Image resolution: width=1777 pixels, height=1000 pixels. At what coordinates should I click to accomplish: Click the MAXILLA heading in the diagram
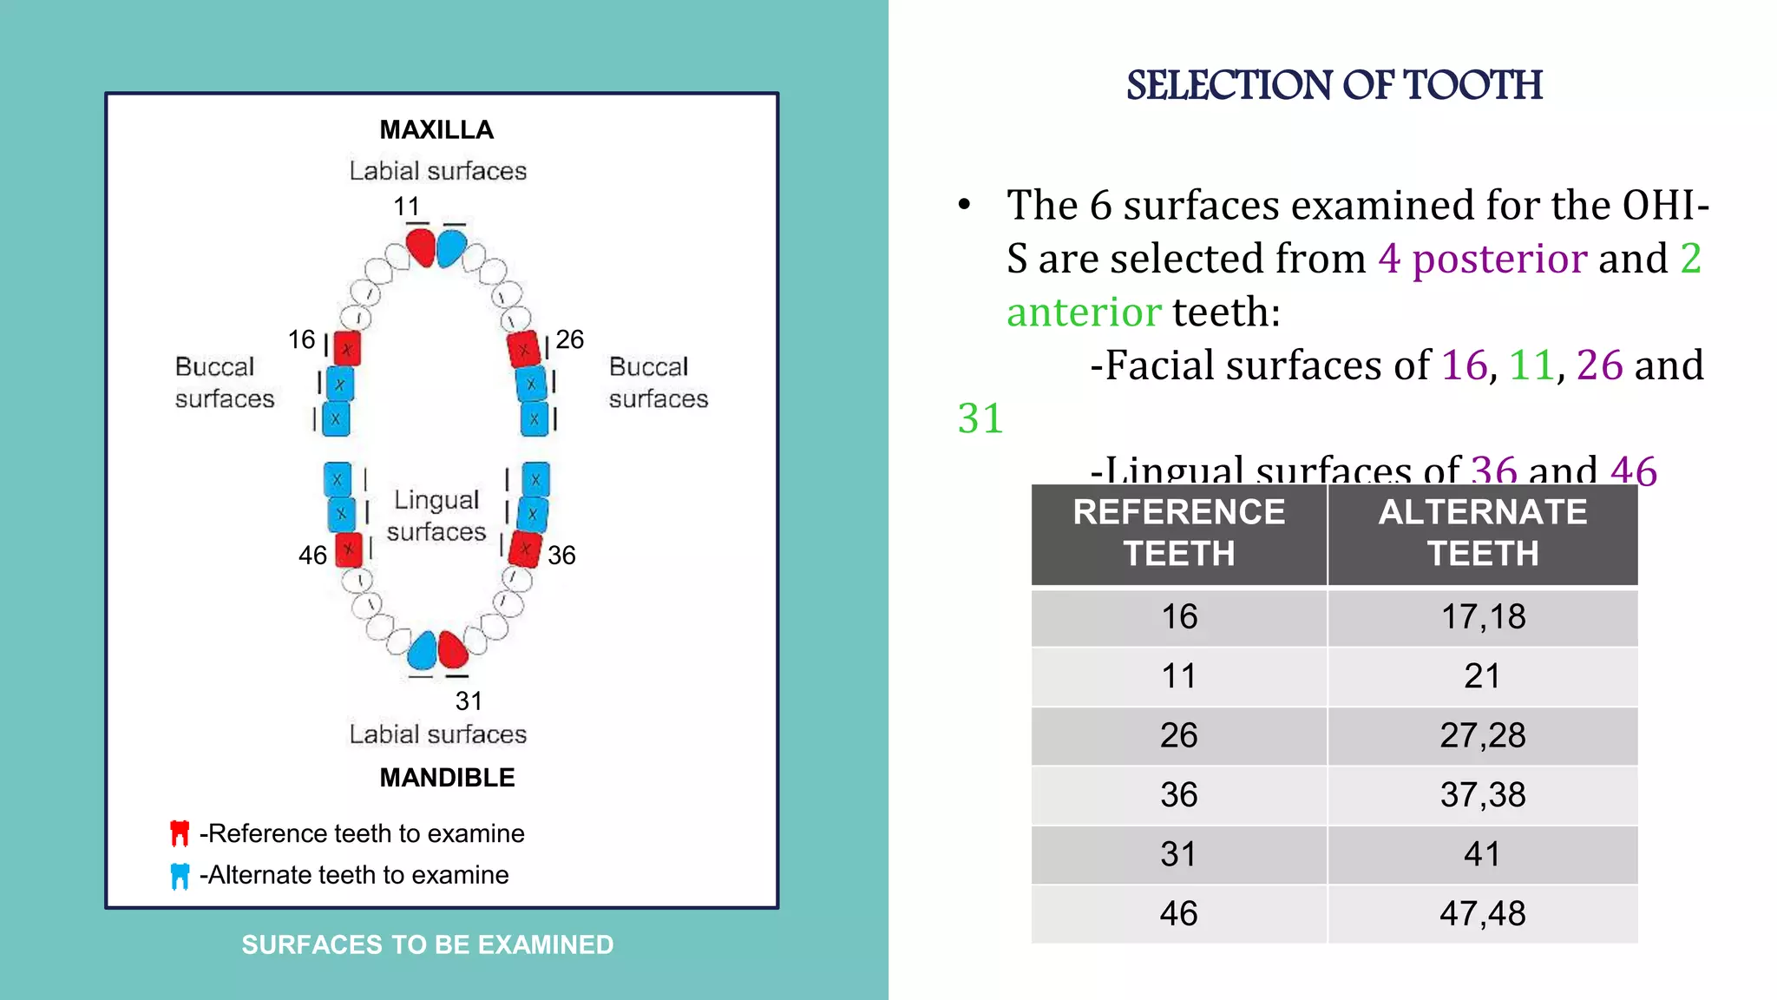coord(436,130)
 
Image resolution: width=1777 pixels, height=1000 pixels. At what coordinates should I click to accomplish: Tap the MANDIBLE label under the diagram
coord(447,778)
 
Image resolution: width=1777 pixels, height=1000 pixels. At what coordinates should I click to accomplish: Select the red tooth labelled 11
coord(421,247)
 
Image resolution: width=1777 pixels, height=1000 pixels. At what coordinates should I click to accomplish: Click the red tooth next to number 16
coord(347,349)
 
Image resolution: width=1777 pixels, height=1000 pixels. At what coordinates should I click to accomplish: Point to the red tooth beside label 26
coord(524,350)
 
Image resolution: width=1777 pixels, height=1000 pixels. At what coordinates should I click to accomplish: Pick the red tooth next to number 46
coord(348,549)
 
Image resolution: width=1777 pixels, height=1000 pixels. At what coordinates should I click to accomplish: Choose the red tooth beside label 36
coord(525,549)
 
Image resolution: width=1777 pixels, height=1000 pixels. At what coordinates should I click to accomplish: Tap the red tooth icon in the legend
coord(180,833)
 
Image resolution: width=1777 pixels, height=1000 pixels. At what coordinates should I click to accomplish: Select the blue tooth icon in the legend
coord(180,876)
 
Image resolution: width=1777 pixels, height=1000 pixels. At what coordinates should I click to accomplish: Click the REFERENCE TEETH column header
coord(1178,533)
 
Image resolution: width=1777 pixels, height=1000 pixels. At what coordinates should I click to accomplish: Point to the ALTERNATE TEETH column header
coord(1482,533)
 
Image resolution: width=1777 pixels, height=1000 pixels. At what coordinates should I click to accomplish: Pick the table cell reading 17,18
coord(1482,617)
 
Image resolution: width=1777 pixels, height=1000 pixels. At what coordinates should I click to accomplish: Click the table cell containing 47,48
coord(1482,914)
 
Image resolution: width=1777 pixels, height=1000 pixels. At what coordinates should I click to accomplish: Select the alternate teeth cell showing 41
coord(1482,855)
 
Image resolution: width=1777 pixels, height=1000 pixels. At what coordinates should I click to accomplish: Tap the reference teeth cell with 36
coord(1178,795)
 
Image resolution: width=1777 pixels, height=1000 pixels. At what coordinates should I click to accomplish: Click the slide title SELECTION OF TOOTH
coord(1334,85)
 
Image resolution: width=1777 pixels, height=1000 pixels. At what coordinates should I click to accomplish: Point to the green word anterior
coord(1084,312)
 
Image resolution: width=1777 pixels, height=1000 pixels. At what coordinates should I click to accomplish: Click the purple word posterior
coord(1499,260)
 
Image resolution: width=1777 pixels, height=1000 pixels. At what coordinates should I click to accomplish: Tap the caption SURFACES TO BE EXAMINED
coord(427,944)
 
